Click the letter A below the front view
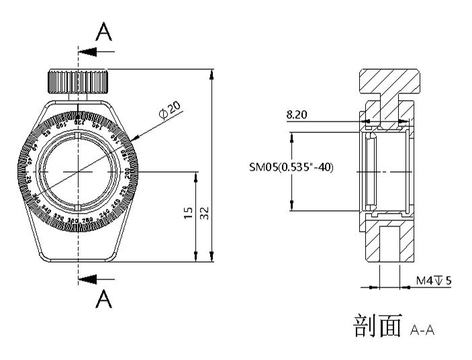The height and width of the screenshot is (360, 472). point(103,300)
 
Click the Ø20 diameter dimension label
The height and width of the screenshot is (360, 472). point(170,109)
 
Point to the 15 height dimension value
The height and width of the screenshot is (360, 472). point(188,213)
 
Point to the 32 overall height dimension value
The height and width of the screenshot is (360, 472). point(204,213)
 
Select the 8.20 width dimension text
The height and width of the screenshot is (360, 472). point(296,115)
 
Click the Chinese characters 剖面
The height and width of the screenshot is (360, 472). point(377,326)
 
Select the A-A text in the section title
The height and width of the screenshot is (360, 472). point(422,329)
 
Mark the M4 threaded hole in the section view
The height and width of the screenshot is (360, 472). point(390,245)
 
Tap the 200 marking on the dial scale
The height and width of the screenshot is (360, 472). point(129,173)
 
